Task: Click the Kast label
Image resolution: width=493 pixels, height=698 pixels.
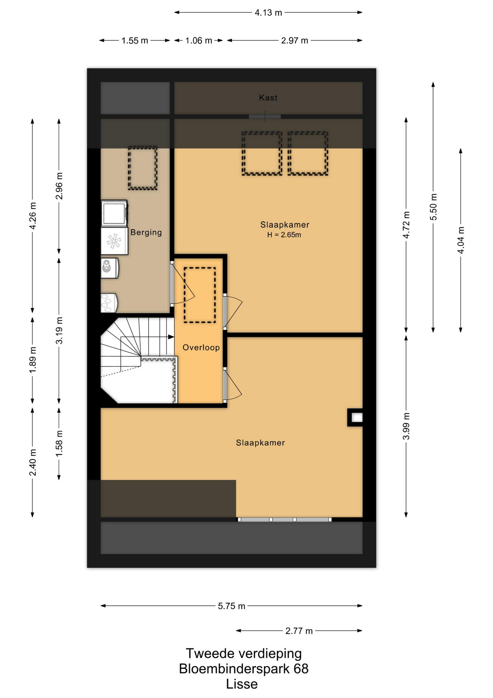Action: pyautogui.click(x=268, y=97)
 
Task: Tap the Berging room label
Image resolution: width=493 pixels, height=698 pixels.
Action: pyautogui.click(x=146, y=232)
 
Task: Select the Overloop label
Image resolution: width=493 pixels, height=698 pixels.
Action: pyautogui.click(x=201, y=348)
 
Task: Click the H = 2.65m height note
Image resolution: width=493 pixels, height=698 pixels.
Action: pyautogui.click(x=284, y=235)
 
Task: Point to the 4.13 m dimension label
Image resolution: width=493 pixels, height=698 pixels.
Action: pyautogui.click(x=268, y=13)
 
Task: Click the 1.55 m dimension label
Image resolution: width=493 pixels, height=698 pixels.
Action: pyautogui.click(x=135, y=41)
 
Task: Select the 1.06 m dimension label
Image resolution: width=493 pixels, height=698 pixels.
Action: pyautogui.click(x=199, y=41)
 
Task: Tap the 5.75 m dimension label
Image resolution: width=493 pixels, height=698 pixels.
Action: pyautogui.click(x=232, y=606)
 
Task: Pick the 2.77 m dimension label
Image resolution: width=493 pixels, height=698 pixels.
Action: pyautogui.click(x=299, y=631)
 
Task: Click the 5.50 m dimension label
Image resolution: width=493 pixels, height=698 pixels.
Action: pyautogui.click(x=433, y=207)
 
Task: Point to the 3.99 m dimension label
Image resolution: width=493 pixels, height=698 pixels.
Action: pyautogui.click(x=406, y=426)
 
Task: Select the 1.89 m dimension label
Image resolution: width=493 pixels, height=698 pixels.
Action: pyautogui.click(x=33, y=360)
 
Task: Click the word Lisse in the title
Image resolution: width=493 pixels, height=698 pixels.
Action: pyautogui.click(x=242, y=684)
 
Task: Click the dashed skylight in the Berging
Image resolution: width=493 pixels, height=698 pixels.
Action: pyautogui.click(x=143, y=168)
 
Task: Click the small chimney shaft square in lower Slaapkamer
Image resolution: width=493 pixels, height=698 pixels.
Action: pyautogui.click(x=357, y=417)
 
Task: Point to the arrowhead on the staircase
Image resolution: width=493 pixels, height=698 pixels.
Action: pyautogui.click(x=171, y=337)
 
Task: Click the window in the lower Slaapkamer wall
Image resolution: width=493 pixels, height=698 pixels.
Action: pyautogui.click(x=285, y=520)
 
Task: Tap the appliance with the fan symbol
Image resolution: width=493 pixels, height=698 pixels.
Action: pyautogui.click(x=114, y=241)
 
